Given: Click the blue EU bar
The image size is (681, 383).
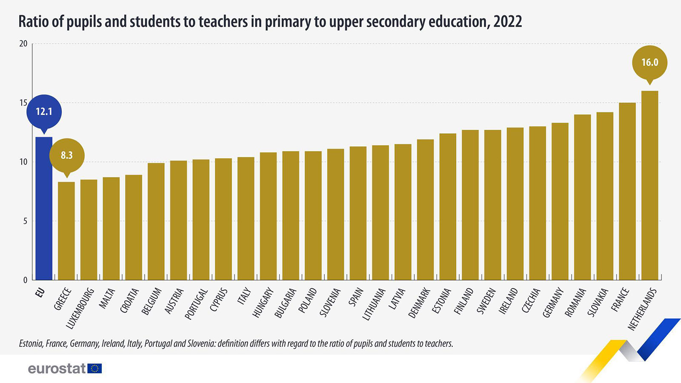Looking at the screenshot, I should pos(44,209).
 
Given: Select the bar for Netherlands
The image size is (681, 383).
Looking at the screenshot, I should pos(650,186).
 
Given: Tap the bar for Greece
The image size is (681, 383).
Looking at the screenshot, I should pos(66,231).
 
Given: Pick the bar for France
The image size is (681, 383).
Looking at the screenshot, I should pos(627,191).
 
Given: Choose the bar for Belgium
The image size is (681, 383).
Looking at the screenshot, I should pos(156,221).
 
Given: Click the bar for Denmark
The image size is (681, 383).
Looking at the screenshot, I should pos(425,210).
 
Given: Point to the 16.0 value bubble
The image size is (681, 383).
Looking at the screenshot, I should pos(650,63).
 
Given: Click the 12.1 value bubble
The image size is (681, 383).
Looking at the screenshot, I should pos(44,111).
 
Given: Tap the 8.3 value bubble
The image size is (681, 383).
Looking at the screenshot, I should pos(67,155).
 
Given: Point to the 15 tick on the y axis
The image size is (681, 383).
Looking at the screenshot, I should pos(23,103).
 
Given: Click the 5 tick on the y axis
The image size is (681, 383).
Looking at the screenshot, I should pos(25,221).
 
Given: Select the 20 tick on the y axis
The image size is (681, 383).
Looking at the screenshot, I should pos(23,44).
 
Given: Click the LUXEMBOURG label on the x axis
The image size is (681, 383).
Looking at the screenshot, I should pos(80,309).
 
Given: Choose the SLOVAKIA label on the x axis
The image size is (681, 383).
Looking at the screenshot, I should pos(597,303).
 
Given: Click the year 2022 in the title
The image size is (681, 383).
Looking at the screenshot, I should pos(507,21).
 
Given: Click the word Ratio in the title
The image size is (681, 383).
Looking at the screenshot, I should pos(33,21).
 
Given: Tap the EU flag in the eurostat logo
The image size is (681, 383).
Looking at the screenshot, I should pos(94,369).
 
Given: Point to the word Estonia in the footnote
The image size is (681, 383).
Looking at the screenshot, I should pos(31,343).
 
